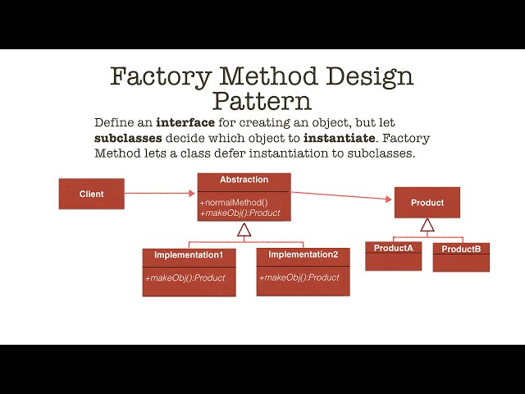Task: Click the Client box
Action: click(92, 194)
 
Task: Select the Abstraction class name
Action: click(244, 180)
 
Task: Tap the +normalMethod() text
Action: click(234, 202)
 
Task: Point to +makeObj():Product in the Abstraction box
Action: click(240, 213)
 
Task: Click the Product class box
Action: click(427, 203)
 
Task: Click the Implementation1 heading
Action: click(189, 255)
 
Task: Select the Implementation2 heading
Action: click(303, 254)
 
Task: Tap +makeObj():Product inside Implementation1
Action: click(185, 277)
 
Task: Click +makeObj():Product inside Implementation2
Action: click(299, 277)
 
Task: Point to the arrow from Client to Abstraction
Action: click(160, 194)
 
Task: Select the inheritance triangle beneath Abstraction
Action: click(244, 231)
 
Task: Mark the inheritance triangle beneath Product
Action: click(426, 225)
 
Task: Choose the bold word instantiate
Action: click(338, 138)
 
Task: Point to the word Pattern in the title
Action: click(262, 102)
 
